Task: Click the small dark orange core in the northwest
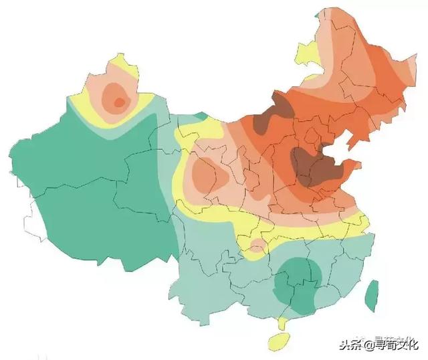point(119,102)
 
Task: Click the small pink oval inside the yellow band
point(258,245)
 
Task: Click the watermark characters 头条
point(350,345)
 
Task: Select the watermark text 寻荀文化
point(396,345)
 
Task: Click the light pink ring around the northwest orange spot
point(107,94)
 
